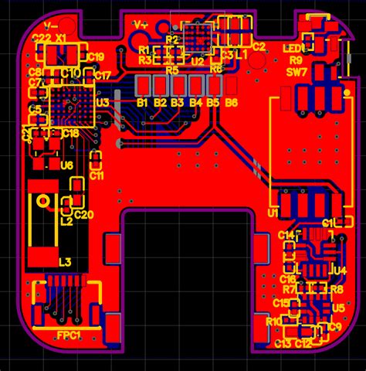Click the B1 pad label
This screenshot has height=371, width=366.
142,102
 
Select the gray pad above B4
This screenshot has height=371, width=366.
195,84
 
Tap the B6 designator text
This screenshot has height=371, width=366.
231,102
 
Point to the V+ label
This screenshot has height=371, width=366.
141,25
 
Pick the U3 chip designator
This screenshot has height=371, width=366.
102,101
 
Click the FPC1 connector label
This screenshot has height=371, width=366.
69,335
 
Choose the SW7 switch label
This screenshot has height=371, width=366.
297,72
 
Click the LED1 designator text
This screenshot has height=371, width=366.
303,48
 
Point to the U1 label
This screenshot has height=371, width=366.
273,213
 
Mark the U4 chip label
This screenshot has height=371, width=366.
338,270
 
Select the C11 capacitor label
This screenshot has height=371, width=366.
97,175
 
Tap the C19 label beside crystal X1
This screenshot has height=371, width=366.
96,56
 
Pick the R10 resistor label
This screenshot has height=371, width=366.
273,321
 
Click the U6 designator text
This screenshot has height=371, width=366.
66,165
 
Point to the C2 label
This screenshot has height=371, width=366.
259,46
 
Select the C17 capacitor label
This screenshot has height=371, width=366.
103,75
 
